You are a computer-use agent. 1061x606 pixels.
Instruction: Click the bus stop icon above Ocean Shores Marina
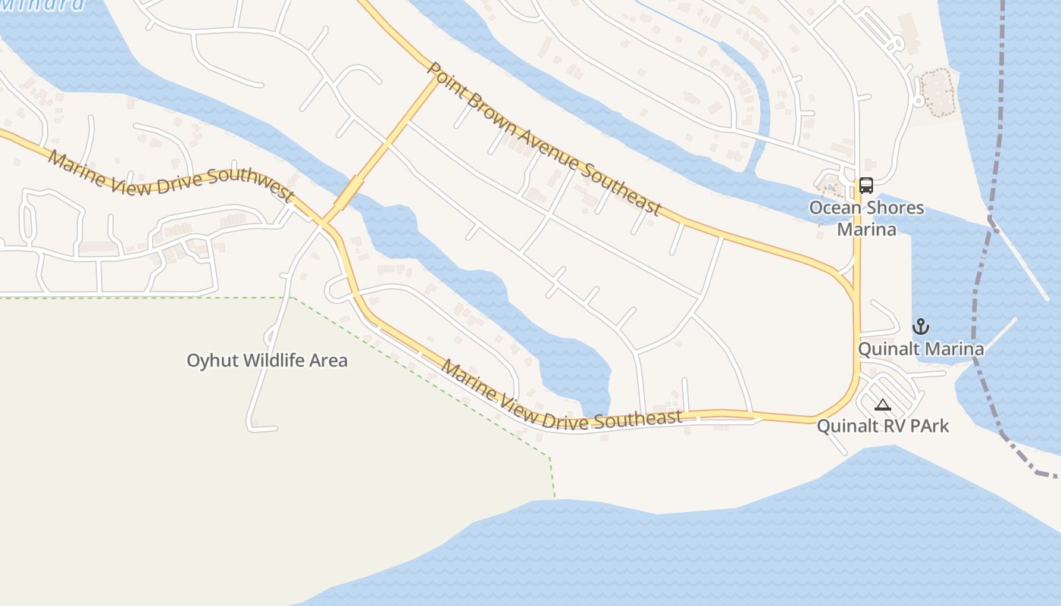pos(865,185)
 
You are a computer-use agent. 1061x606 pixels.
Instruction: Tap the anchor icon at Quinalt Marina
pos(920,327)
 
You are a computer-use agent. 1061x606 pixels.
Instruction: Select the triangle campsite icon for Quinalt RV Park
pos(882,405)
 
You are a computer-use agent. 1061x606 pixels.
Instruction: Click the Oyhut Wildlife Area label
pos(267,361)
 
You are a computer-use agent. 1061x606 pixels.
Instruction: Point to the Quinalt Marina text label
pos(921,349)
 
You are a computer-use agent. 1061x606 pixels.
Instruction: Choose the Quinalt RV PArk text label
pos(882,426)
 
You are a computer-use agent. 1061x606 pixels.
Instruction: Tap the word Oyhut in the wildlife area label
pos(210,361)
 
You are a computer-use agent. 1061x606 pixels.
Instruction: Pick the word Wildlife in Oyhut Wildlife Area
pos(268,361)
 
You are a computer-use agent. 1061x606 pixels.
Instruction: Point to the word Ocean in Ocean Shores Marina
pos(834,208)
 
